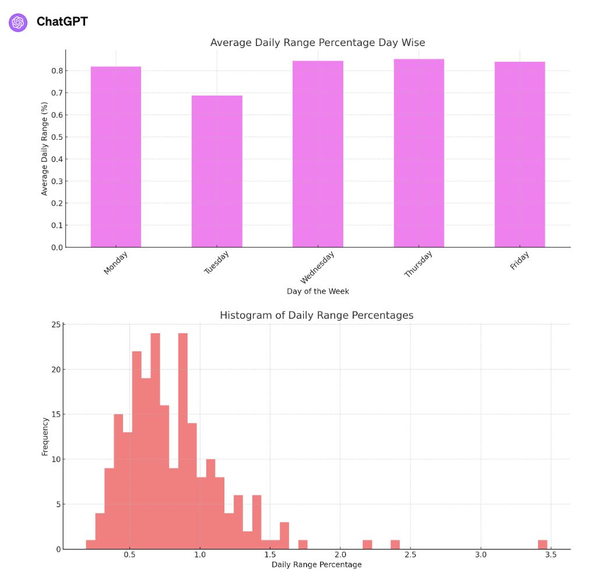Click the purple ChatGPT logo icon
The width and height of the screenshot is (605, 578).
point(18,22)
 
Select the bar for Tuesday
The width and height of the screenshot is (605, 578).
point(217,171)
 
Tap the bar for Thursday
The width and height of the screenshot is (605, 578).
point(418,153)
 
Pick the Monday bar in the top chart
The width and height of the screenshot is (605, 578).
point(115,157)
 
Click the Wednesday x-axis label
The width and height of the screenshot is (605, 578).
point(318,265)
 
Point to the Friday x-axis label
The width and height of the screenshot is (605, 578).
point(519,260)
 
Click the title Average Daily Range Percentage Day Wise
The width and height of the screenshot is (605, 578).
point(318,43)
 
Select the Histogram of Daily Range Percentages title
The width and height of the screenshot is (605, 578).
point(316,315)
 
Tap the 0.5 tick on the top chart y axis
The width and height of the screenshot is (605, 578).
point(57,137)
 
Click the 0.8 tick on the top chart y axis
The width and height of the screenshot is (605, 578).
point(57,71)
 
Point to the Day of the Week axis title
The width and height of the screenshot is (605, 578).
point(318,291)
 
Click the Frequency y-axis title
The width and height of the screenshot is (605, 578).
point(45,436)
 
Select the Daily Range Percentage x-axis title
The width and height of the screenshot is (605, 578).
point(316,565)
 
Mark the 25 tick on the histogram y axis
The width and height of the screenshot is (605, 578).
point(56,325)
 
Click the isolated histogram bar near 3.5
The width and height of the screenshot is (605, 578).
point(543,545)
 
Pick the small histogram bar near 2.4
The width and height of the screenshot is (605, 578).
point(395,545)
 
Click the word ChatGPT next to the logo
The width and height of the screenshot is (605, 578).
point(62,22)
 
